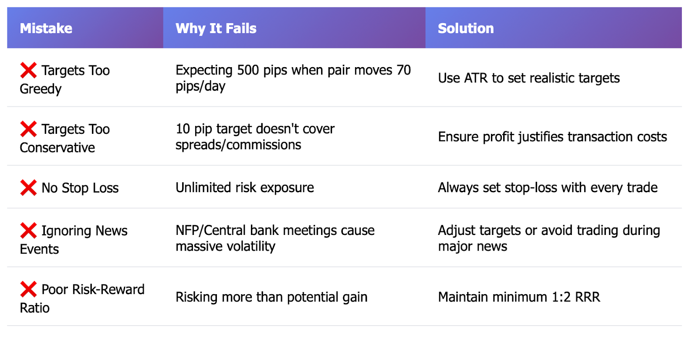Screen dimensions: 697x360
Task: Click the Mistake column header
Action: click(x=46, y=28)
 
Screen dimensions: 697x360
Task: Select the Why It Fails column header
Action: click(x=216, y=28)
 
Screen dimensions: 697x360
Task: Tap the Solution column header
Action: click(x=466, y=28)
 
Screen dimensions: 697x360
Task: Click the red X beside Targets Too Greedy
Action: click(x=28, y=70)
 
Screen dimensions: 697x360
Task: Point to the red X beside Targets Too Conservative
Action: click(x=28, y=129)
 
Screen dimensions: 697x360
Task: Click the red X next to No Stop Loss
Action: click(x=28, y=188)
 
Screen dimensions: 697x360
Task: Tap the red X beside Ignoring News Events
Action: click(x=28, y=231)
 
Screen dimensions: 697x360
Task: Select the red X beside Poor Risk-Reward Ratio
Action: click(x=28, y=289)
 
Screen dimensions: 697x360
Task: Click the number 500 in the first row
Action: click(x=248, y=70)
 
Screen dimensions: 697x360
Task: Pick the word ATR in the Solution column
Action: click(x=476, y=78)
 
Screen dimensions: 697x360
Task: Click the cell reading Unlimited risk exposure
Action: click(x=244, y=188)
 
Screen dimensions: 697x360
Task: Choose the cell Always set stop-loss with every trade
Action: click(x=548, y=188)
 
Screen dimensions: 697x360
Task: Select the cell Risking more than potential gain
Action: click(x=271, y=297)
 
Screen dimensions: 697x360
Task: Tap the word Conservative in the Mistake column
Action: click(x=57, y=148)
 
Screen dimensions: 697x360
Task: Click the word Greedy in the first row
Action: click(x=41, y=89)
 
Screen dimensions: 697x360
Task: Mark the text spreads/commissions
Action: click(x=238, y=145)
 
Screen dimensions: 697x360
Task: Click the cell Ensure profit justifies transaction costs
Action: click(x=552, y=137)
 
